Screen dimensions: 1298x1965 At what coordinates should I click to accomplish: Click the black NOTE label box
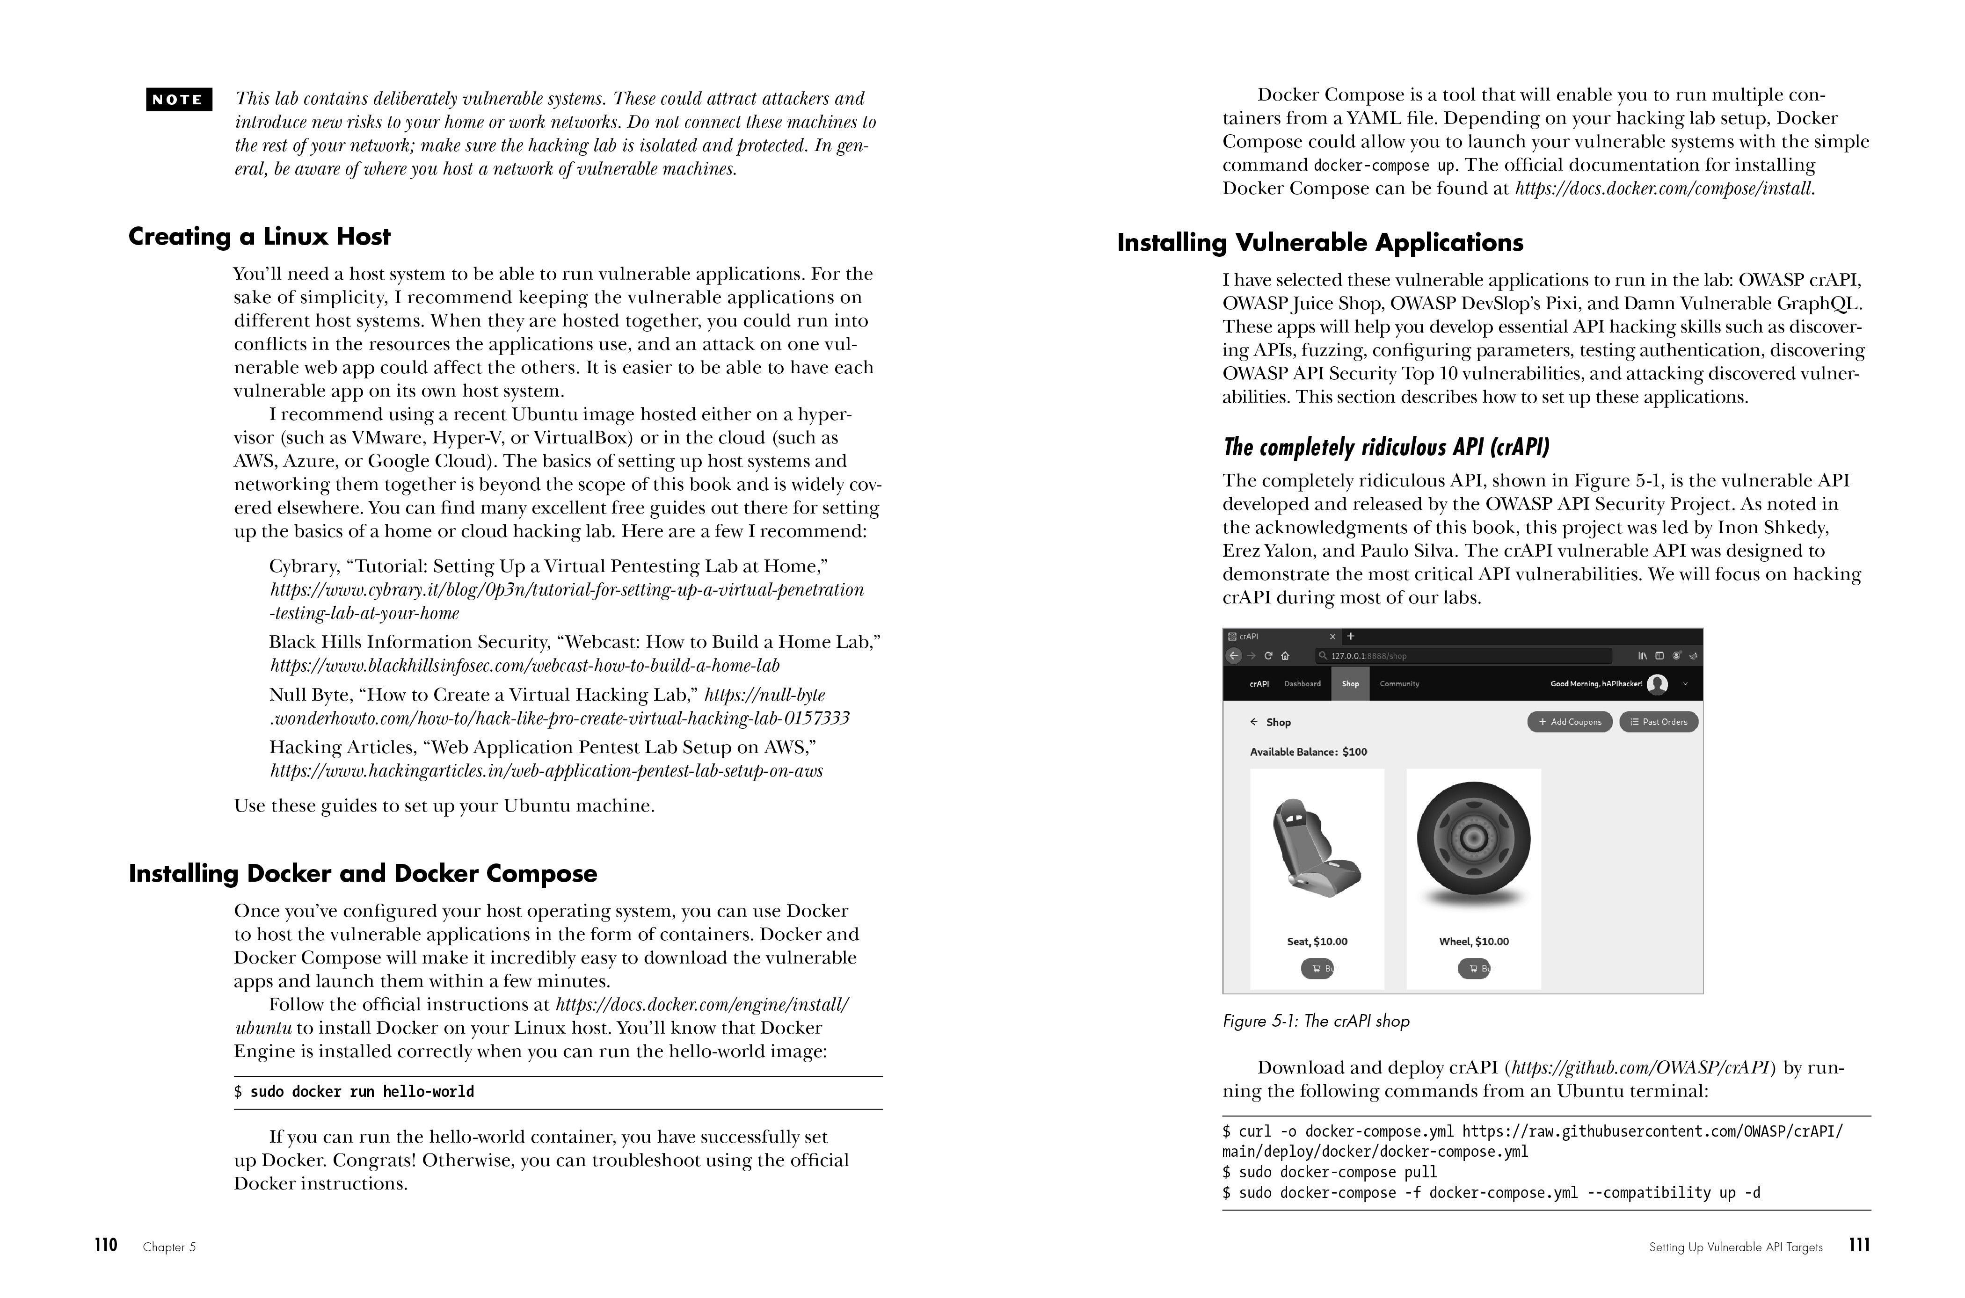(179, 99)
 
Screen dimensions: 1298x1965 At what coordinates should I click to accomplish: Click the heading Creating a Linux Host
(259, 237)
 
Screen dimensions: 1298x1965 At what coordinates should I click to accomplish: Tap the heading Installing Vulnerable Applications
(1320, 243)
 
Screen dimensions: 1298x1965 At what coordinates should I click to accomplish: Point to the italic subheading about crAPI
(1385, 448)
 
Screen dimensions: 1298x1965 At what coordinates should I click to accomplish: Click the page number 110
(106, 1245)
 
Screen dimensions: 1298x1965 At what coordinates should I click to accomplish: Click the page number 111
(1859, 1245)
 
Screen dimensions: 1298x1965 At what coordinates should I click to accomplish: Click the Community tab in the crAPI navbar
(1399, 684)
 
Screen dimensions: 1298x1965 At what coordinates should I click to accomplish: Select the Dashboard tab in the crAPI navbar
(1303, 684)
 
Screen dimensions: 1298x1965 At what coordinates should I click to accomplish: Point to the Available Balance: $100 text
(1308, 752)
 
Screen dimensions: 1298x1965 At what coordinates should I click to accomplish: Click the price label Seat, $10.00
(1317, 941)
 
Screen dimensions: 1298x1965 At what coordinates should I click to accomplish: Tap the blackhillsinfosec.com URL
(524, 666)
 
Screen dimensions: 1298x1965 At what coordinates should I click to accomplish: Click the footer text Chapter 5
(169, 1247)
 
